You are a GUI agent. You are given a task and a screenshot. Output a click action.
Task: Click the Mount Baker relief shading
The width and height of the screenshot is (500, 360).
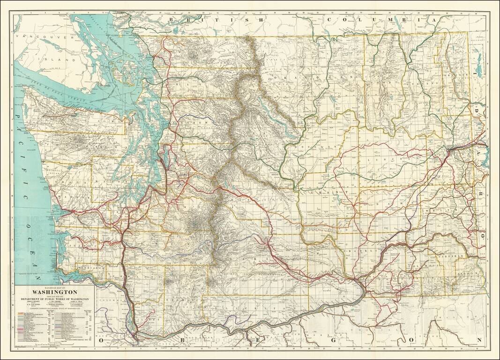click(x=193, y=54)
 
